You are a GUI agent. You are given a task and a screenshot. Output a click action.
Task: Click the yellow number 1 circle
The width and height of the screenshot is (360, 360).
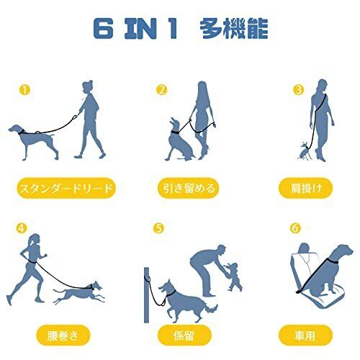[x=24, y=90]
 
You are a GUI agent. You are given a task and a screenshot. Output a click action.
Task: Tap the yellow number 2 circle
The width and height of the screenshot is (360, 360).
[x=161, y=90]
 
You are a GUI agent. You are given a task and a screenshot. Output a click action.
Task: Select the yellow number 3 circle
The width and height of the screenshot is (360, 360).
[x=299, y=90]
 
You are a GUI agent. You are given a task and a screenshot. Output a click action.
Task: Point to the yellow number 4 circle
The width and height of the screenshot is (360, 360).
[x=22, y=228]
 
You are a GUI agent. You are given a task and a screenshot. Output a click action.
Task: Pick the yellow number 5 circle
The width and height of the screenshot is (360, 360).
[x=159, y=228]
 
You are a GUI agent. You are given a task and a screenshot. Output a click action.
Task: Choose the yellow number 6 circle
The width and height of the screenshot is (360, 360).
[x=295, y=228]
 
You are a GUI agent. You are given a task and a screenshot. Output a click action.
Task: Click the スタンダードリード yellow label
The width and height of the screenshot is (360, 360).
[x=66, y=188]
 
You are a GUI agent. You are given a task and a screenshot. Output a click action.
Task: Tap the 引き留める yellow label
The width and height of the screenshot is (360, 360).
[x=189, y=188]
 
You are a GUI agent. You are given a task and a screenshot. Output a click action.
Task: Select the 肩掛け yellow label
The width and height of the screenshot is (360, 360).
[x=305, y=188]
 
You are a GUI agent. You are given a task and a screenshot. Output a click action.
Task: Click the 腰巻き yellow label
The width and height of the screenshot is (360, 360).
[x=63, y=335]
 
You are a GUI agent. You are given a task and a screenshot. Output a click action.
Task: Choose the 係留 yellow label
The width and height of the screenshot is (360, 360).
[x=184, y=335]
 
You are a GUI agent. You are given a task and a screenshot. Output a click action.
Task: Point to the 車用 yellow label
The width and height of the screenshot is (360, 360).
[x=305, y=335]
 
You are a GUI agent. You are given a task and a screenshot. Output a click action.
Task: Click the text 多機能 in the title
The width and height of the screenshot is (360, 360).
[x=234, y=29]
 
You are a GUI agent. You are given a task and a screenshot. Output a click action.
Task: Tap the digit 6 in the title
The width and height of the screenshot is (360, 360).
[x=103, y=29]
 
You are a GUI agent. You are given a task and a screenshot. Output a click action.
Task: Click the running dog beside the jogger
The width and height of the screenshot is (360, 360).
[x=79, y=293]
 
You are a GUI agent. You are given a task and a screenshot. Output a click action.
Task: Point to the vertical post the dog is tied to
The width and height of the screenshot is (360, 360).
[x=147, y=295]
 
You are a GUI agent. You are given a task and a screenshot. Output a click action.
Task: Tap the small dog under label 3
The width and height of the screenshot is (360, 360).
[x=305, y=150]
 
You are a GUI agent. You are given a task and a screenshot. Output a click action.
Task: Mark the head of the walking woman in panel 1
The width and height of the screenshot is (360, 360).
[x=87, y=86]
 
